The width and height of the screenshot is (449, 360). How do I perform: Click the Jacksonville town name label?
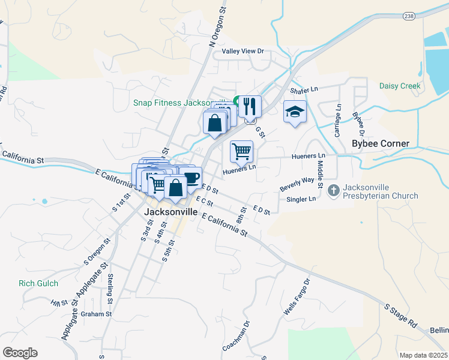point(170,212)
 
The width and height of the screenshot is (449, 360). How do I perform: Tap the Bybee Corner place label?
point(381,144)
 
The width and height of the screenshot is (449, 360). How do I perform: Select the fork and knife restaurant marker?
point(250,106)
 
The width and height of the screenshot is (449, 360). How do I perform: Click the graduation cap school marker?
point(295,112)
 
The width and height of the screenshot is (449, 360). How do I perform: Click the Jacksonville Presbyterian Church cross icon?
point(334,191)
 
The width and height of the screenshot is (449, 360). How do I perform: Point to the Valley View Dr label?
point(243,52)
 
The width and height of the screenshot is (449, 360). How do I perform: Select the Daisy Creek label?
point(400,86)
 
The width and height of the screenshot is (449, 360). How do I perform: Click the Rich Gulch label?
point(38,283)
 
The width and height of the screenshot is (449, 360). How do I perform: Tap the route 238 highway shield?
point(409,16)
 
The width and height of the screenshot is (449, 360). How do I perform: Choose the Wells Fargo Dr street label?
point(297,298)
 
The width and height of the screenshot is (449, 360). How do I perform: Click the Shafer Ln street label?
point(303,90)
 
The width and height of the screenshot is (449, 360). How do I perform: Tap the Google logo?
point(20,353)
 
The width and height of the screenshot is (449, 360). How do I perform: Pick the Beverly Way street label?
point(297,184)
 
